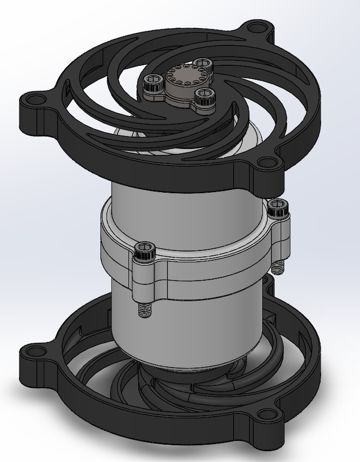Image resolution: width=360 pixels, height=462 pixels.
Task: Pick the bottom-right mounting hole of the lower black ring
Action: (266, 415)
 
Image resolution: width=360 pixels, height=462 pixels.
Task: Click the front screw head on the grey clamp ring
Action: (145, 250)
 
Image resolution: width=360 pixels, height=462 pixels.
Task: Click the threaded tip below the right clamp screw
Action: (277, 266)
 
